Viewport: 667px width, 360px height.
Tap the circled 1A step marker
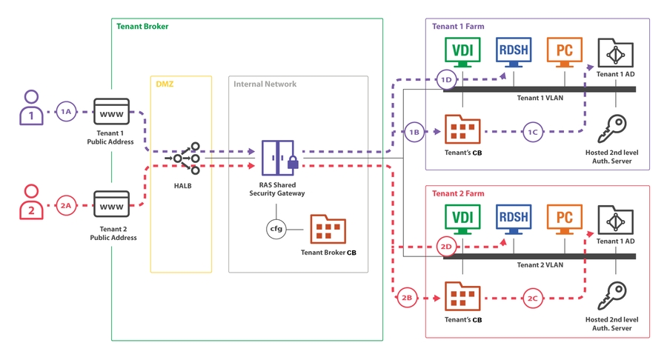click(x=67, y=112)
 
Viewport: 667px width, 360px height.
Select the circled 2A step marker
click(x=67, y=205)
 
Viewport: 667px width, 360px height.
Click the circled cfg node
click(x=276, y=229)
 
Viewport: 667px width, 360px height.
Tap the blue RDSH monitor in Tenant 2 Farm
click(x=514, y=219)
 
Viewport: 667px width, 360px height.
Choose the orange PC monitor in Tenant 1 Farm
click(x=564, y=53)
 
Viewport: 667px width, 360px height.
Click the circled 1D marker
click(x=445, y=80)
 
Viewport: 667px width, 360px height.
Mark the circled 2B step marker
click(x=406, y=299)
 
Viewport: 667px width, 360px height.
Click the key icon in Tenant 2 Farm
click(x=611, y=295)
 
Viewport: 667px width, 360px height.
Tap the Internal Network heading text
click(x=265, y=84)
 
